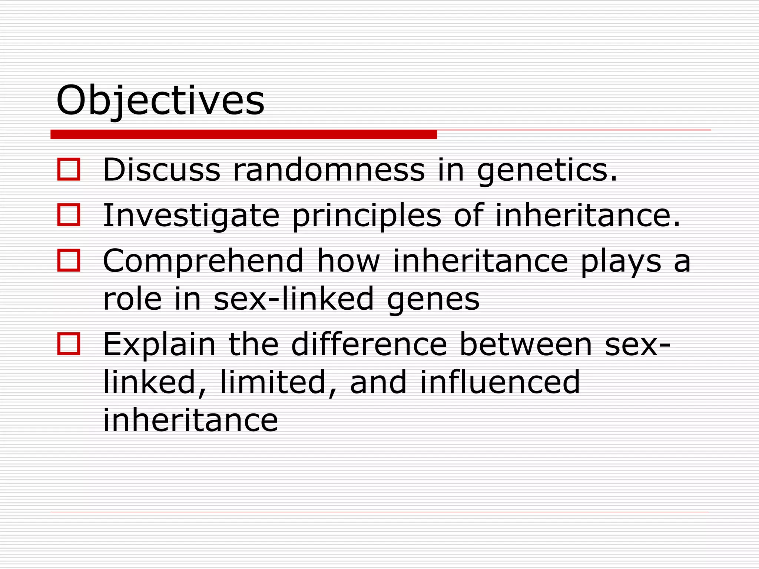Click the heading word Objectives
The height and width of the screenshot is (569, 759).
tap(160, 100)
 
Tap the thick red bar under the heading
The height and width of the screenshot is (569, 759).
tap(243, 135)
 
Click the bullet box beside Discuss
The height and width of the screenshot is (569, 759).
tap(69, 170)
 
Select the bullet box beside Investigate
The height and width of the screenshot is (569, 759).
tap(69, 215)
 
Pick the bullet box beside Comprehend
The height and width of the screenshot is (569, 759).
tap(69, 260)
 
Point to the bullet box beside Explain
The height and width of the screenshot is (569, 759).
tap(69, 344)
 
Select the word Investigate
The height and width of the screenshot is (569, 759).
tap(191, 216)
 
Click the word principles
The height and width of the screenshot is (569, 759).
tap(367, 216)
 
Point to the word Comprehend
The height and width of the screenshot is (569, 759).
tap(203, 261)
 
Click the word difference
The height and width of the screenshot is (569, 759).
tap(369, 344)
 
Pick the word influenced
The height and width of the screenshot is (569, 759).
tap(500, 382)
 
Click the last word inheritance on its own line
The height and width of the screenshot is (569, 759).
tap(190, 420)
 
